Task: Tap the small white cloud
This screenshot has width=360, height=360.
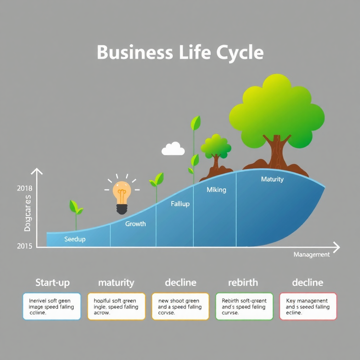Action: (173, 149)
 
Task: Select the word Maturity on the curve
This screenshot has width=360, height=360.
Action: (272, 179)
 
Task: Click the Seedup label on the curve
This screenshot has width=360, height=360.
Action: (75, 239)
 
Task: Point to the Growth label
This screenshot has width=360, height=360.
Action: (135, 224)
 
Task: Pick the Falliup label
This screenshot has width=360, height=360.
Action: (180, 204)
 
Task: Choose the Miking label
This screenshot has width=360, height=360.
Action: (216, 190)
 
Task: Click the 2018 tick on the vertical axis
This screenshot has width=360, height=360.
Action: (24, 188)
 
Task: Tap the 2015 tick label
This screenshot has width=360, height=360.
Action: (24, 246)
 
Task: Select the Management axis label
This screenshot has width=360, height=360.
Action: (311, 255)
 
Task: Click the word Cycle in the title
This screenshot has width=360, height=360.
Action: (239, 53)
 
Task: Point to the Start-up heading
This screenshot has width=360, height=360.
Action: (52, 283)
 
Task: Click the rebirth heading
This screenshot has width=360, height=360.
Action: (243, 283)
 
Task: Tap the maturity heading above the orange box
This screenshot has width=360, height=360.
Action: (116, 283)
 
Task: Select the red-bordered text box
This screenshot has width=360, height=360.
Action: (308, 306)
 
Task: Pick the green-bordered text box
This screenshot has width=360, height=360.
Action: (244, 306)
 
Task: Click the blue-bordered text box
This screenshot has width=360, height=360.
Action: (52, 306)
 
